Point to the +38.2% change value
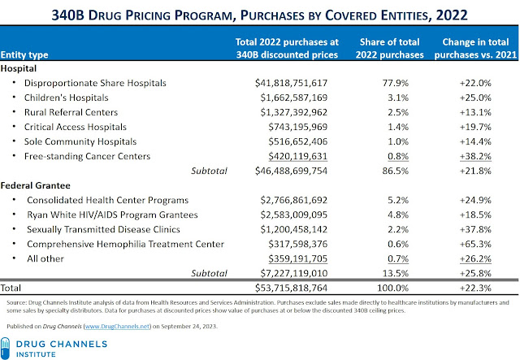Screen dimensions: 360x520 coord(475,156)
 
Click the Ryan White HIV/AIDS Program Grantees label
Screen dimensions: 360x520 coord(111,214)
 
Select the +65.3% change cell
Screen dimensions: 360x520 coord(475,243)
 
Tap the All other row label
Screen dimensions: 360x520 coord(45,258)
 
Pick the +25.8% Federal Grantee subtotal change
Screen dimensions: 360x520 coord(475,273)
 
